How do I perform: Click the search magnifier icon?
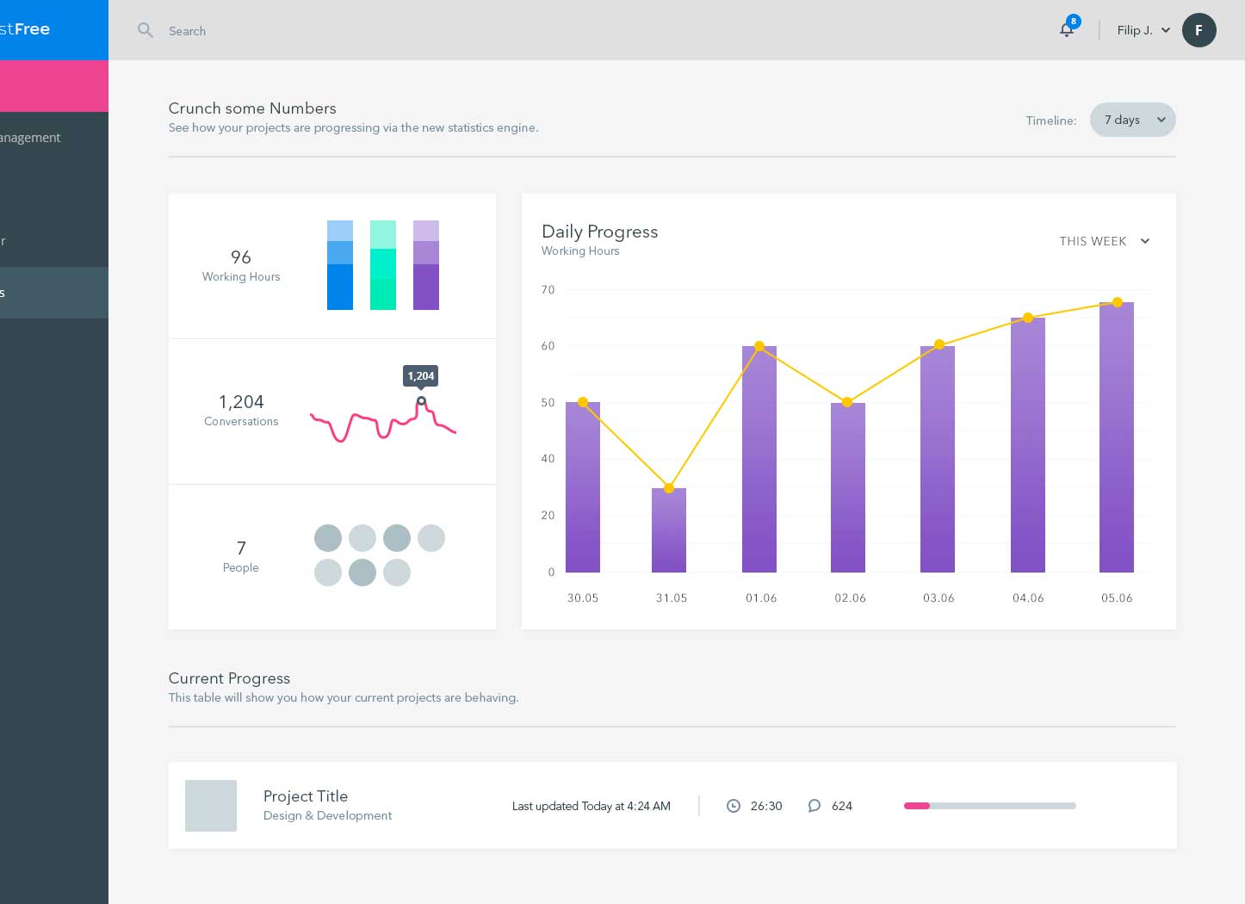(x=146, y=31)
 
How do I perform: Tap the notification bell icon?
(x=1067, y=30)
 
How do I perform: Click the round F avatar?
(x=1199, y=30)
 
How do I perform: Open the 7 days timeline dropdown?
(x=1132, y=120)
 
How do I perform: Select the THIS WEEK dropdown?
(x=1104, y=241)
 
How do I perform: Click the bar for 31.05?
(x=669, y=530)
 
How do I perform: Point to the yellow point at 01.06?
(x=759, y=346)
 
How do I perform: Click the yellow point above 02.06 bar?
(x=847, y=402)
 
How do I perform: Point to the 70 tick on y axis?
(x=548, y=290)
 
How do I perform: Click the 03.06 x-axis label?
(x=938, y=598)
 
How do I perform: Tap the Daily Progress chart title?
(x=599, y=232)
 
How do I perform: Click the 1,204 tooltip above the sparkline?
(x=421, y=375)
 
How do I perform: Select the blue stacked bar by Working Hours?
(x=340, y=265)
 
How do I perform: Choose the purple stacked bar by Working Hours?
(x=426, y=265)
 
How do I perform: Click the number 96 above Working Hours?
(x=241, y=257)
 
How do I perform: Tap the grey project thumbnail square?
(x=211, y=806)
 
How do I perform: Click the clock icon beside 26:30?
(x=734, y=806)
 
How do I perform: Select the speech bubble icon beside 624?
(x=814, y=806)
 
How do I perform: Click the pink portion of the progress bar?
(x=917, y=806)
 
